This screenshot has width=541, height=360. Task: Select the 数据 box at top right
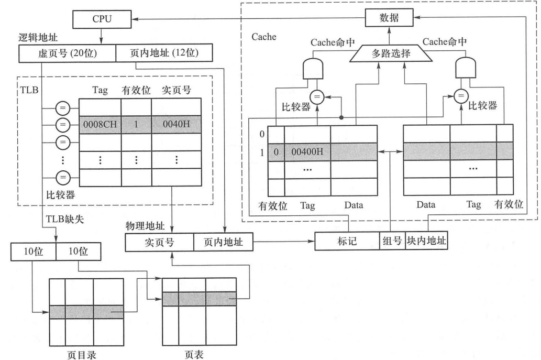(x=389, y=18)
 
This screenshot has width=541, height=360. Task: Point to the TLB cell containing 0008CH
(x=100, y=125)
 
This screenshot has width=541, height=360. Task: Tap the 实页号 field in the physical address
(x=159, y=243)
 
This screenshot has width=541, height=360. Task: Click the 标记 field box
(x=347, y=243)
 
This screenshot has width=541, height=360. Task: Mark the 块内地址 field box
(x=426, y=243)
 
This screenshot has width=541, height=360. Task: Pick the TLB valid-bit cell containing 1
(x=136, y=125)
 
